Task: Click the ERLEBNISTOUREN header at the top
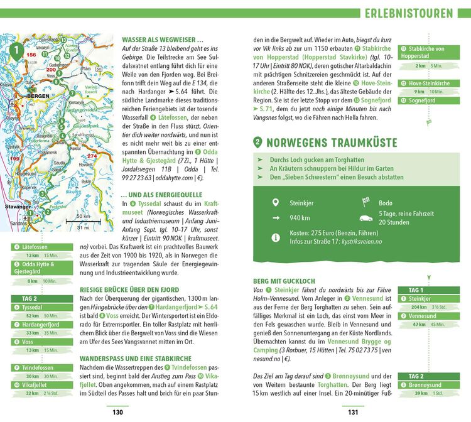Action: click(409, 13)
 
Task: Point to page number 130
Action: click(117, 413)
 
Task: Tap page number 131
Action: click(353, 413)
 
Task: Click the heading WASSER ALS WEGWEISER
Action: click(162, 38)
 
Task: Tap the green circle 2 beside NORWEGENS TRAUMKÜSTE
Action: click(257, 142)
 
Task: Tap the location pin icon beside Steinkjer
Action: click(275, 202)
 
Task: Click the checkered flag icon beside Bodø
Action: click(366, 202)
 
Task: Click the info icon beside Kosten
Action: click(275, 237)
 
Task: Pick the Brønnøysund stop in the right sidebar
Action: click(430, 385)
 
